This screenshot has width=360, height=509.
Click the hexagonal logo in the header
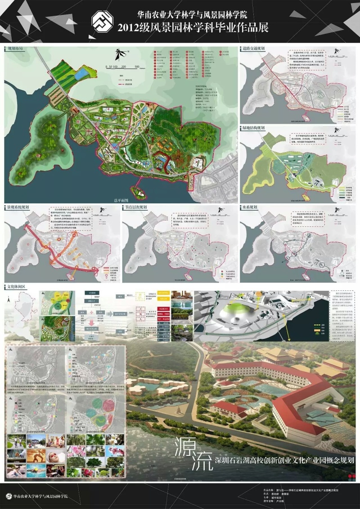click(x=103, y=22)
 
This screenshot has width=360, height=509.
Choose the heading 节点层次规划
click(x=137, y=208)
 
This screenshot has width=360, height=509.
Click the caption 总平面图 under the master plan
click(x=121, y=200)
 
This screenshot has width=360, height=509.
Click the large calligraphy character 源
click(x=186, y=447)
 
